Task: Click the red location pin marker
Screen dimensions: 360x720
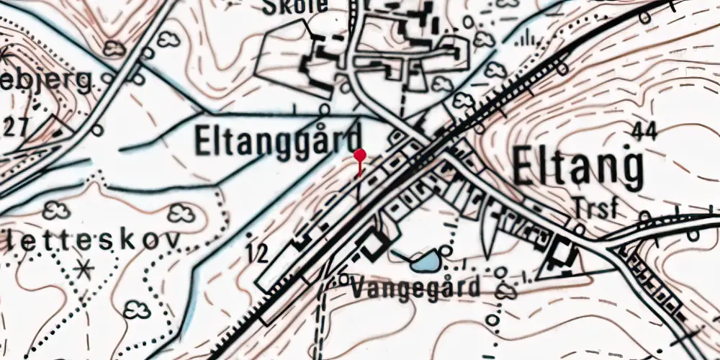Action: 360,155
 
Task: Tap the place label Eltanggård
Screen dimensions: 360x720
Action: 277,141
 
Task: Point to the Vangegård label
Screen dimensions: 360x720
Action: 415,288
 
